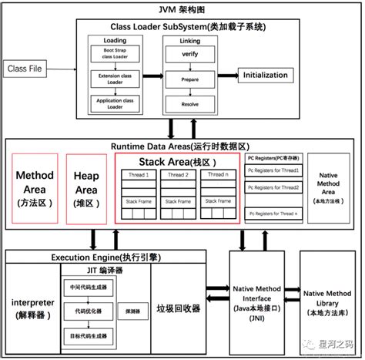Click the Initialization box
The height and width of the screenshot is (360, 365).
coord(270,76)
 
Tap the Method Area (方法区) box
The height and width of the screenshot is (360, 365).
coord(35,187)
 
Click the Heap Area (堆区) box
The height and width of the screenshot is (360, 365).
coord(85,187)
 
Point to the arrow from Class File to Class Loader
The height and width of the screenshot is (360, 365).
coord(66,69)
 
